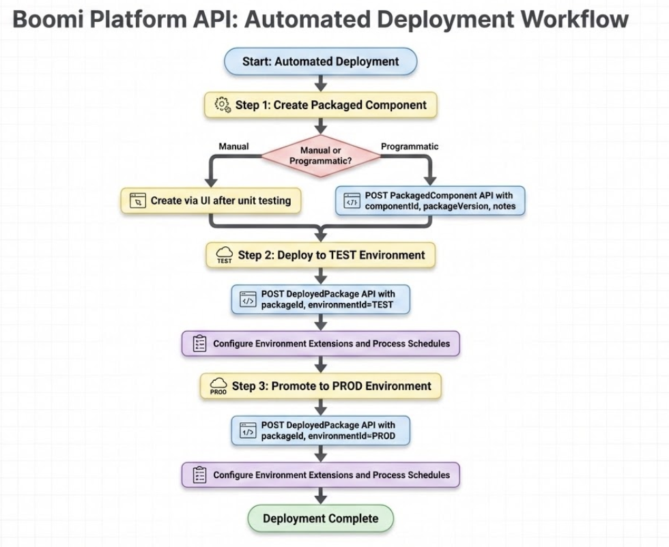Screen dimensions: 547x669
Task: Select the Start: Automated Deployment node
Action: [320, 61]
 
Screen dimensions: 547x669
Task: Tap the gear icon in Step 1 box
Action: [222, 105]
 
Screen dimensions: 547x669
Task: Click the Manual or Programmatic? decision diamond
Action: [321, 156]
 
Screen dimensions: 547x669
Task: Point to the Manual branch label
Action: [233, 146]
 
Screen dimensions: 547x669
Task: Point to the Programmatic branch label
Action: [409, 146]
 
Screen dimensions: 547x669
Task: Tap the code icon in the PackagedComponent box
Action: [352, 201]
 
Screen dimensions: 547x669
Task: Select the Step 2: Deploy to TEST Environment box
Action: [320, 255]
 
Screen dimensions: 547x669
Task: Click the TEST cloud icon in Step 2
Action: [225, 255]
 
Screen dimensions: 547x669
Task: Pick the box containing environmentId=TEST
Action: [320, 299]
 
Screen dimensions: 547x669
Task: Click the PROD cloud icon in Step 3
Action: [218, 387]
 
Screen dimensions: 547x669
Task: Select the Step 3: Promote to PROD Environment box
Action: [320, 386]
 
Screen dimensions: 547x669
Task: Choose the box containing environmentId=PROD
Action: [321, 430]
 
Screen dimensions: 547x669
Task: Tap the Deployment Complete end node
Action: [320, 518]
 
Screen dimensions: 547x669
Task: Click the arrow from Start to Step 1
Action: [320, 83]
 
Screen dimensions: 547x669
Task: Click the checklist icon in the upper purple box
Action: [199, 343]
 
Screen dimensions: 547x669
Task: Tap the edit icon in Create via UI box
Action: [139, 201]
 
